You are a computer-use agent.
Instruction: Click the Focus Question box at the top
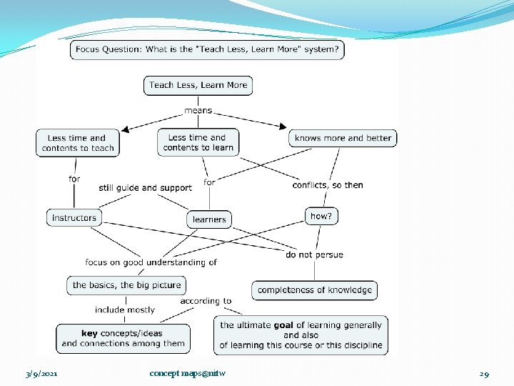207,50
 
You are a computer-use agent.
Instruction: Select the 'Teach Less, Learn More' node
198,85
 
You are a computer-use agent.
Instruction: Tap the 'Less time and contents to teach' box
78,143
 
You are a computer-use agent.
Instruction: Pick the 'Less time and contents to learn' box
198,142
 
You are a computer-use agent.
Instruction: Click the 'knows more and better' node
343,138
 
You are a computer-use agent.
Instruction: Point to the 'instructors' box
74,218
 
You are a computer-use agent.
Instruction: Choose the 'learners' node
209,219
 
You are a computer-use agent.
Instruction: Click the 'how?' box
321,215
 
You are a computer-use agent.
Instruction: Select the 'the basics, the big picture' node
127,285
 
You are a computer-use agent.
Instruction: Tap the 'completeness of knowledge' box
314,289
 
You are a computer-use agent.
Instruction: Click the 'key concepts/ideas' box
124,338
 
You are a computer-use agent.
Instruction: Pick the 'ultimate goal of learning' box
301,335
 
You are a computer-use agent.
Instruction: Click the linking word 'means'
198,110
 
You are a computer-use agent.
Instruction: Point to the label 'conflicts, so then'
328,185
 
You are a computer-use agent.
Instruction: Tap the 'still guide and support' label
145,188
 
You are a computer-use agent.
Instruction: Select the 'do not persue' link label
314,254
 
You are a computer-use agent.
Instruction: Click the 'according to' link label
206,301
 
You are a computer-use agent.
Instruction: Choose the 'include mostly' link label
125,310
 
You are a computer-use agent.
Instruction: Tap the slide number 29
484,374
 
